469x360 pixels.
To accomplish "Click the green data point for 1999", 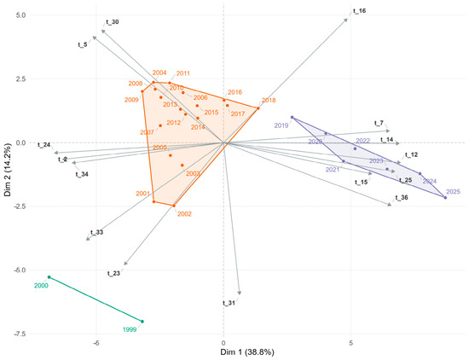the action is [x=142, y=322].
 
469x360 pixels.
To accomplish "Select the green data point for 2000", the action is [x=49, y=277].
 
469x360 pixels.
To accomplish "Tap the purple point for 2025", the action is [x=445, y=198].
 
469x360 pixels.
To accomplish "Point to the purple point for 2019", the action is [x=292, y=118].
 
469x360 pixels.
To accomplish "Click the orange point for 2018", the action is [x=258, y=108].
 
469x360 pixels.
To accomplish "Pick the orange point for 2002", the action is [x=174, y=206].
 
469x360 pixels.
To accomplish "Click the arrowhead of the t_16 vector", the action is [x=346, y=20].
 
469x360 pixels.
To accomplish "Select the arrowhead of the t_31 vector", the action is [x=240, y=293].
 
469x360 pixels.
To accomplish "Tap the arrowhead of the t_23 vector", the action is [x=125, y=264].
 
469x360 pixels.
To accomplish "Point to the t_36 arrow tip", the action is [x=389, y=205].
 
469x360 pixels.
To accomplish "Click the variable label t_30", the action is [x=113, y=22].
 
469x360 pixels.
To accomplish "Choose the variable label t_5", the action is [x=83, y=45].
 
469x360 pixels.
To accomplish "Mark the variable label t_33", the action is [x=97, y=232].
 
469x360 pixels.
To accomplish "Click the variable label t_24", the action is [x=44, y=145].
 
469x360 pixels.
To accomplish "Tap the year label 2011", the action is [x=183, y=73].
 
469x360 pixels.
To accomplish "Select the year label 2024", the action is [x=430, y=181].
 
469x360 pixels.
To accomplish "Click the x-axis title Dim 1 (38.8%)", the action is [x=247, y=352].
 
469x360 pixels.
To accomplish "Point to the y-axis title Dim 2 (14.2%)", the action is [x=8, y=170].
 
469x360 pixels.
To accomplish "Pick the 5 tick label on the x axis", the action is [x=350, y=342].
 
